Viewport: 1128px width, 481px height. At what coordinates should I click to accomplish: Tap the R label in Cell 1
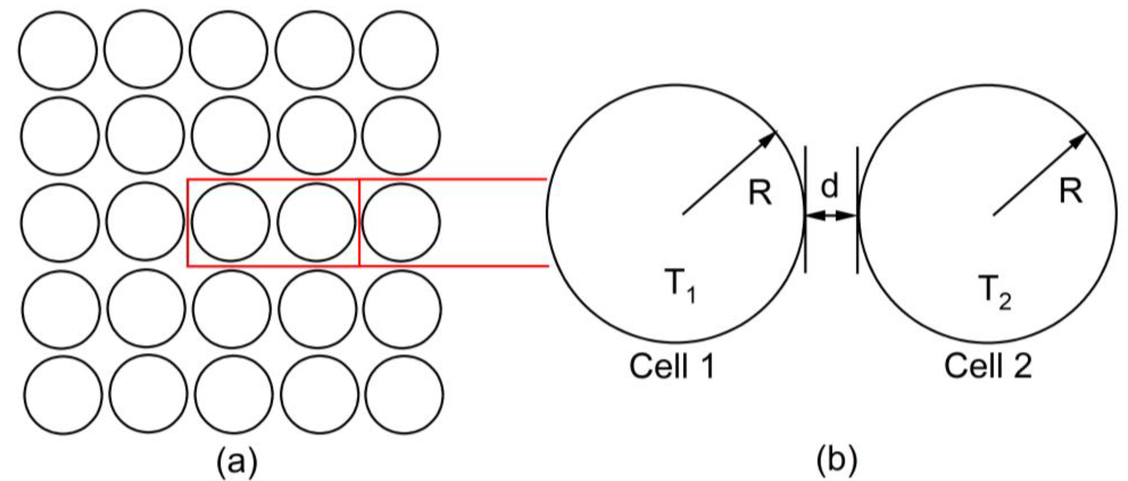point(760,193)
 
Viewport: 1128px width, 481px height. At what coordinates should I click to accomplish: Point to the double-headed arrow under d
point(831,215)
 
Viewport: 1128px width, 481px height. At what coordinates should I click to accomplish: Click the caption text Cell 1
point(672,366)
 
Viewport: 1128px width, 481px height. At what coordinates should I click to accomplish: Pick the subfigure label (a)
point(237,461)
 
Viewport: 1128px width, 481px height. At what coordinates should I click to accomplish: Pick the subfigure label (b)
point(837,461)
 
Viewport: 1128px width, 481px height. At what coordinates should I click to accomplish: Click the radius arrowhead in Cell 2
point(1078,140)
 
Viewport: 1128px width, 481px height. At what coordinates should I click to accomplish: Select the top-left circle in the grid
point(58,50)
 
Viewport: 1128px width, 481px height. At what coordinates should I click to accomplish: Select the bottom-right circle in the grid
point(404,395)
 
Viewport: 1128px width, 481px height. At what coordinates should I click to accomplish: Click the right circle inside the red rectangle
point(316,223)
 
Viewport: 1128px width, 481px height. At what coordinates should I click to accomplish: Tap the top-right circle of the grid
point(399,50)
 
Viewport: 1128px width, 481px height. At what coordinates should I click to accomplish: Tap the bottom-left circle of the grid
point(62,395)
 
